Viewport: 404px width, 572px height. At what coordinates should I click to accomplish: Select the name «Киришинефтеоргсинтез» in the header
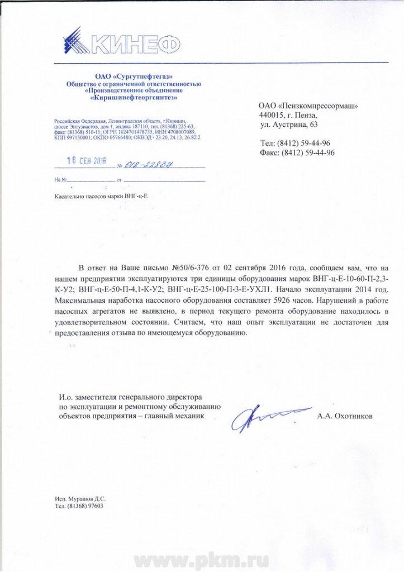click(134, 98)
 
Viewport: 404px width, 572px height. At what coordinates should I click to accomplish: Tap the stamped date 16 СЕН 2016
click(86, 160)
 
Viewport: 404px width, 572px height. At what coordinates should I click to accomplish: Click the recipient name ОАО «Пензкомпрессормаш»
click(308, 105)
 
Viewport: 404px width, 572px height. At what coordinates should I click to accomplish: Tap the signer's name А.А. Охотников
click(343, 416)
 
